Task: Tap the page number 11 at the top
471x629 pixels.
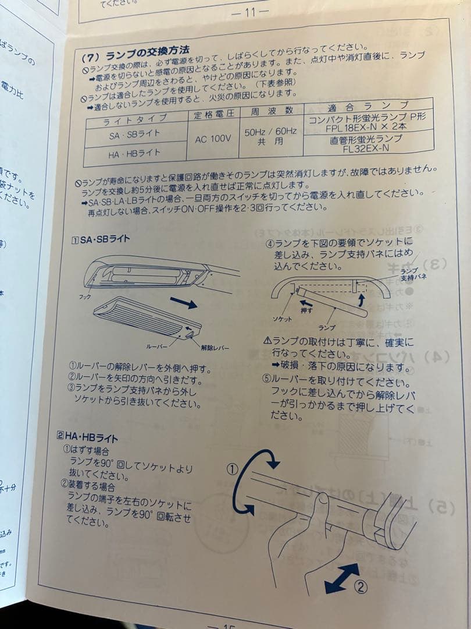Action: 250,11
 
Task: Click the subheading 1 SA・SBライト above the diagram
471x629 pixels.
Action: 100,239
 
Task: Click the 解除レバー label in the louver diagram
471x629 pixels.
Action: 215,348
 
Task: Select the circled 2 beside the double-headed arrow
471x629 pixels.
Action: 361,586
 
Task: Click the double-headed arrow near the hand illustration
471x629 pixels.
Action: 341,578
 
